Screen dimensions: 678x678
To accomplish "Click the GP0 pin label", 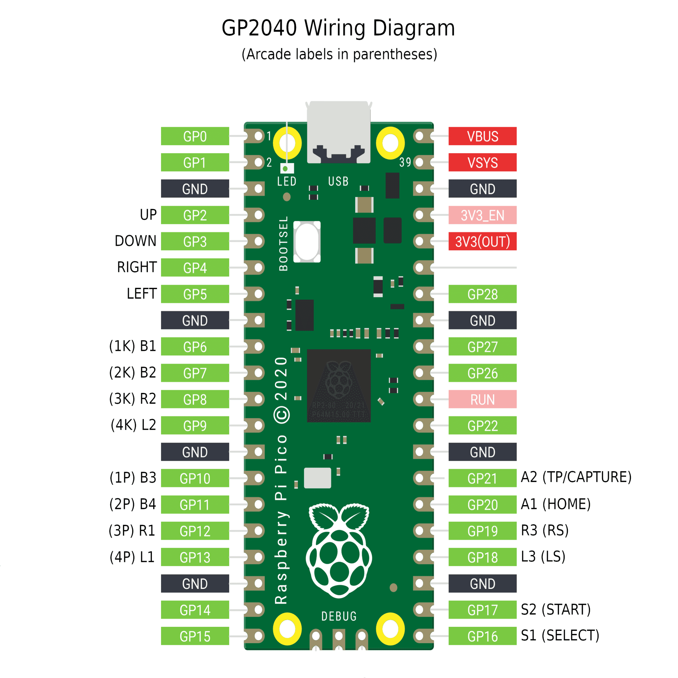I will coord(195,136).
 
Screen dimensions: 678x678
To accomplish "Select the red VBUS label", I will coord(482,136).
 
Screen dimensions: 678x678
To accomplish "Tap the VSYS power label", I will coord(482,162).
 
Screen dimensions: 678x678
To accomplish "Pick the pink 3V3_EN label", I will coord(482,215).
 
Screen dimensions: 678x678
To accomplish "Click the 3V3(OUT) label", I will coord(482,241).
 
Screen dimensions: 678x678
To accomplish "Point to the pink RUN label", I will coord(482,399).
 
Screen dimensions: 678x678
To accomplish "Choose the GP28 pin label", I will coord(482,294).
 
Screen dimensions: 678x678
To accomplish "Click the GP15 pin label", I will coord(195,636).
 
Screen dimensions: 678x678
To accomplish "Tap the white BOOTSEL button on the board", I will coord(307,241).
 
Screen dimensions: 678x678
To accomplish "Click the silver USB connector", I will coord(338,132).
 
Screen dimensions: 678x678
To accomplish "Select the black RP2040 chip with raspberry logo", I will coord(339,385).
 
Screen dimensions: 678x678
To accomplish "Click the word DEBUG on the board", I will coord(339,616).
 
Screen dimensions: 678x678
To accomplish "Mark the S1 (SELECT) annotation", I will coord(560,636).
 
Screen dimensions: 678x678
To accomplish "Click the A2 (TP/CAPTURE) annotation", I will coord(576,477).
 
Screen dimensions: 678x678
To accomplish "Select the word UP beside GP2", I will coord(148,215).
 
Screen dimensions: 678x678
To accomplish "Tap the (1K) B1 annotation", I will coord(133,346).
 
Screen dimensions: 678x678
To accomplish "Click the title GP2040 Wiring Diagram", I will coord(338,28).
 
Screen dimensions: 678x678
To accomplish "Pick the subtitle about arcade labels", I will coord(339,54).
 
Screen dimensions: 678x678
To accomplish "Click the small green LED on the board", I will coord(285,169).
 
